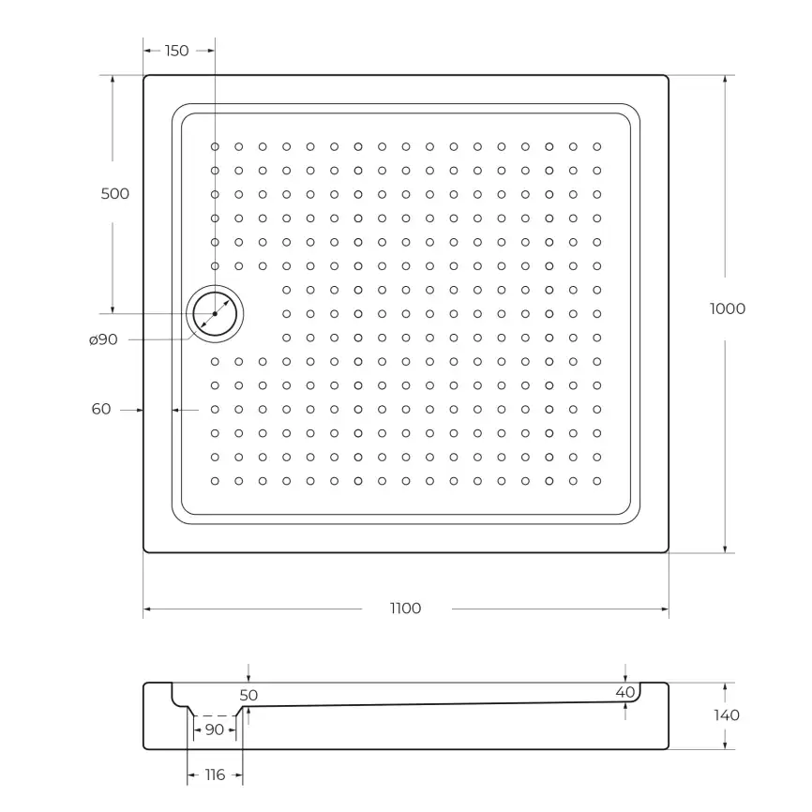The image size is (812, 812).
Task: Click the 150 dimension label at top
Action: click(x=176, y=51)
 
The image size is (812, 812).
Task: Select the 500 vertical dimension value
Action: click(x=114, y=194)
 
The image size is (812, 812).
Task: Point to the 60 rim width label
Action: click(x=101, y=409)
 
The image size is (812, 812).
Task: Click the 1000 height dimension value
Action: click(x=727, y=308)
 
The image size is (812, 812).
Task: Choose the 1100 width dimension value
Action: click(x=405, y=609)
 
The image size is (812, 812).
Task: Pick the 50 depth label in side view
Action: click(x=248, y=696)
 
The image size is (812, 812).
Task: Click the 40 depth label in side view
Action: click(x=625, y=693)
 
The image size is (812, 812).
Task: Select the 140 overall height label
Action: click(x=726, y=715)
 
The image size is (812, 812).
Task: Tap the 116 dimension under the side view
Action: click(x=215, y=774)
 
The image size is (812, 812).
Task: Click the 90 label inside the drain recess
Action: click(x=214, y=729)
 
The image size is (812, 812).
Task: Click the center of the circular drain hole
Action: click(x=215, y=313)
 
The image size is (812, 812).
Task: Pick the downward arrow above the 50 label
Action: click(x=248, y=678)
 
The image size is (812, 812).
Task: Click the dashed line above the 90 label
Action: click(x=215, y=715)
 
